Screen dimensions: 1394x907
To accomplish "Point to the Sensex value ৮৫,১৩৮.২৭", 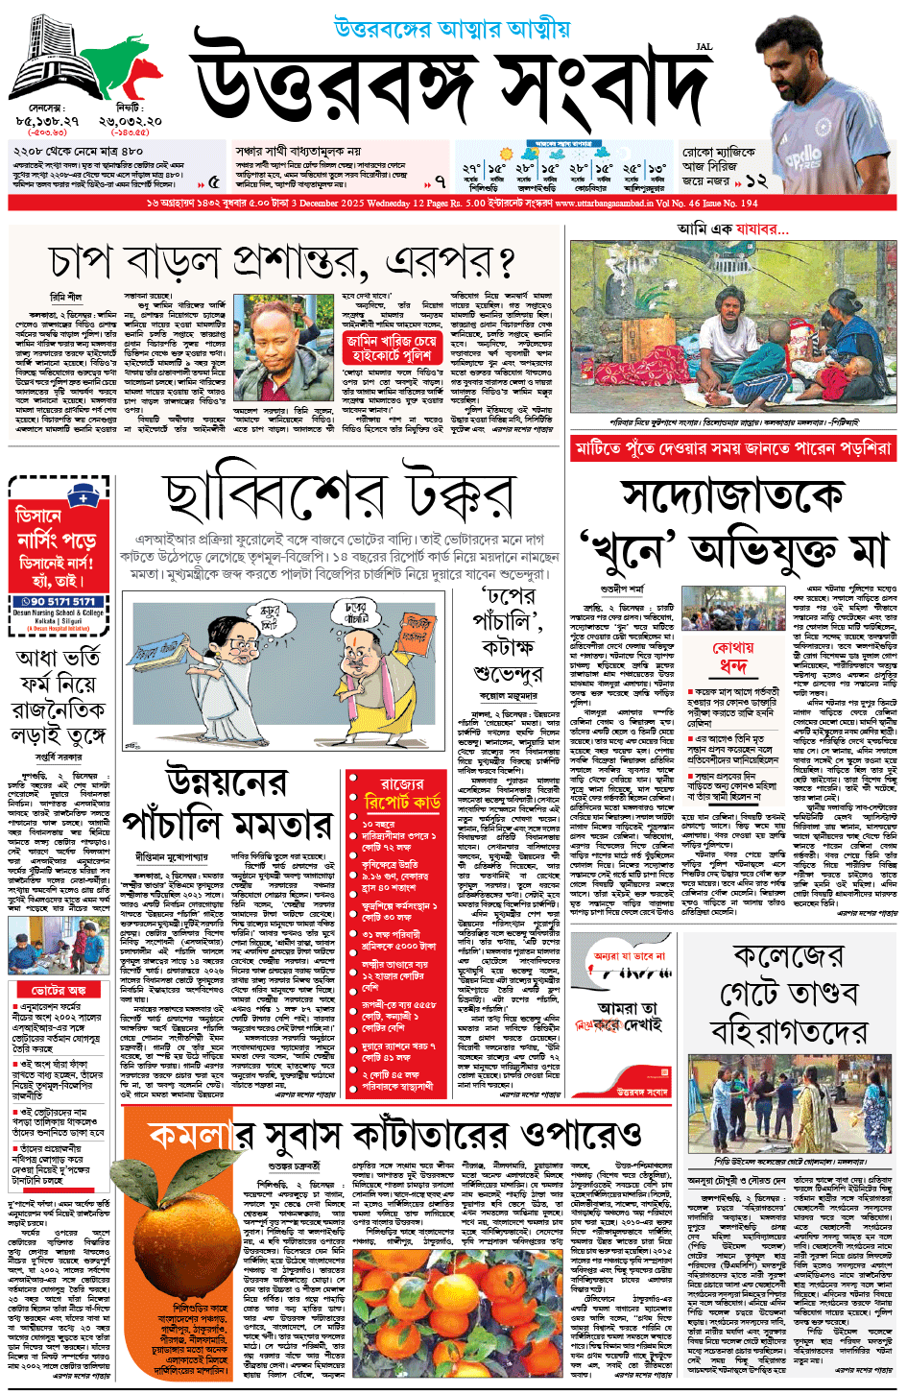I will [47, 121].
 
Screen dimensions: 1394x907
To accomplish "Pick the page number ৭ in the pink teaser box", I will [440, 180].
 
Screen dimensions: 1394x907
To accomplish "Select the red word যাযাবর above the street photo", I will [758, 228].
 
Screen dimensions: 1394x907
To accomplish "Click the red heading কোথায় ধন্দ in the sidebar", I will [733, 657].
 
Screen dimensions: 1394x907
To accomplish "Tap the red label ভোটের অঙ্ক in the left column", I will [59, 989].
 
